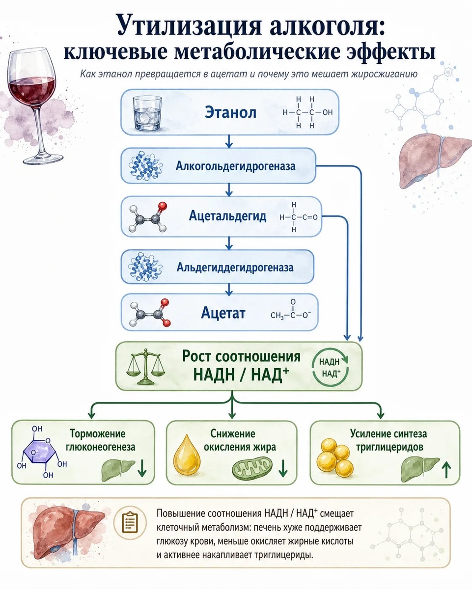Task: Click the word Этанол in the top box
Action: pos(230,112)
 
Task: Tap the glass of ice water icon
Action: pos(147,112)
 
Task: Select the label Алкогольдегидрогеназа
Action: pos(235,166)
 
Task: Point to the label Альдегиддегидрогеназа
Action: pos(235,267)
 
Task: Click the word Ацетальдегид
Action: pos(227,216)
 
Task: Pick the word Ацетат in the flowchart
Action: pos(223,312)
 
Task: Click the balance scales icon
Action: pos(146,367)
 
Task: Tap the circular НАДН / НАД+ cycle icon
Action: pos(330,367)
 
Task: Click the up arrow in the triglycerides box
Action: pos(446,469)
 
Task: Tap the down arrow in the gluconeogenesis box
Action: pos(142,468)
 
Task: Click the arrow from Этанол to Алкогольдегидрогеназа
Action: pos(229,141)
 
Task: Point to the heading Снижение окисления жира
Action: pos(232,440)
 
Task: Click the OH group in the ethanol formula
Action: pos(328,112)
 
